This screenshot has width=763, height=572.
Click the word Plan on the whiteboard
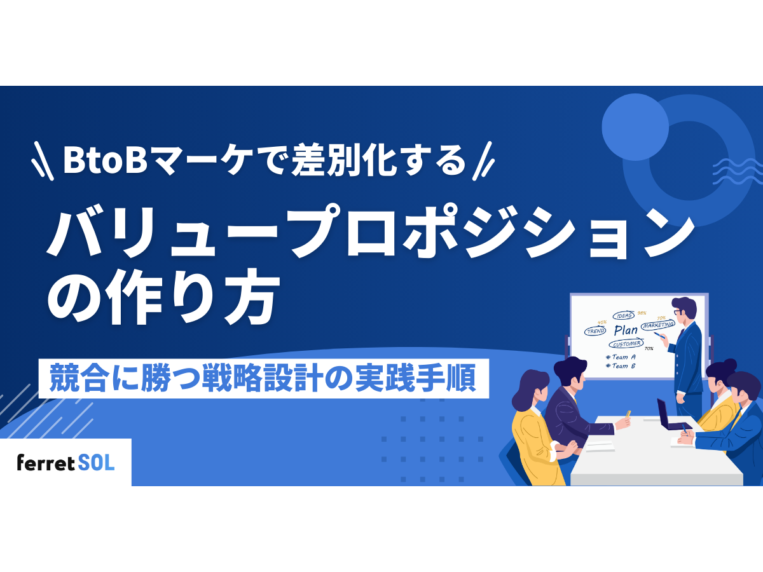tap(626, 330)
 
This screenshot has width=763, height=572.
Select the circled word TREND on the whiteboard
tap(595, 331)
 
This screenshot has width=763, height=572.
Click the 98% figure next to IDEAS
tap(642, 313)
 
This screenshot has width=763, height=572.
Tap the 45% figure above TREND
tap(602, 322)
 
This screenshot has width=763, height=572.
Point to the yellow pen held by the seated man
tap(628, 414)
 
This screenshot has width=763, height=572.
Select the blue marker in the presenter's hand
tap(659, 334)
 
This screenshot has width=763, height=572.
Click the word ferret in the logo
tap(46, 463)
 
